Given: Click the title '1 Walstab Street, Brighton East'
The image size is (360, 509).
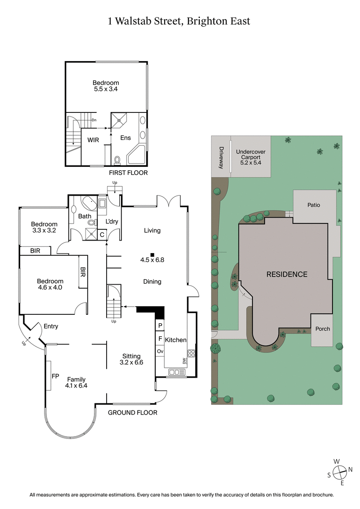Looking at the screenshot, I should [179, 21].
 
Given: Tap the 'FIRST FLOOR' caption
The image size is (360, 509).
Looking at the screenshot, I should [128, 173].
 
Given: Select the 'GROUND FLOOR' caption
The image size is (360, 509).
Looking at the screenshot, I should [133, 412].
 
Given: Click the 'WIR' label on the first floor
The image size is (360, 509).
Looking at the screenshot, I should [93, 140].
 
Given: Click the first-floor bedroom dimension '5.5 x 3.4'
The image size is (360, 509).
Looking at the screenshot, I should [106, 89].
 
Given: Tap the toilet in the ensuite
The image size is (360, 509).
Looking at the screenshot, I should [118, 160].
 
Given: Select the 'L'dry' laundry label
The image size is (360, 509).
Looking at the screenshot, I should [112, 222].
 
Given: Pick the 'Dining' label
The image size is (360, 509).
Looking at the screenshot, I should [152, 282].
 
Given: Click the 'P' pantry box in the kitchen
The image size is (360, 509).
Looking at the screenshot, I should [160, 326].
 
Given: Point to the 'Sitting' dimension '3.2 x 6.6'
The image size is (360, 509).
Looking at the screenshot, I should [131, 362].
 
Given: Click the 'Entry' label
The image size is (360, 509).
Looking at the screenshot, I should [51, 326].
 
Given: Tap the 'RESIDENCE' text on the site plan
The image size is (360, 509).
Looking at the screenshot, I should [287, 274].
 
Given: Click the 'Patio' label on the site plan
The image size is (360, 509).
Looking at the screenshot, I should [314, 205].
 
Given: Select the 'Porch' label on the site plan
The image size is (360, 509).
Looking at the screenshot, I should [322, 329].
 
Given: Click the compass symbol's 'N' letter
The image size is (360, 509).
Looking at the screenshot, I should [350, 469].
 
